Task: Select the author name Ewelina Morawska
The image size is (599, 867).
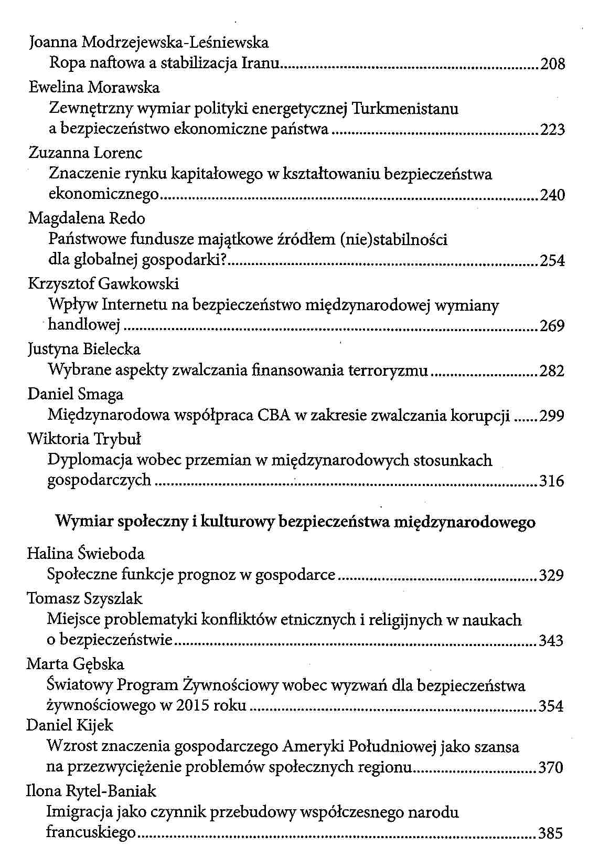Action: pos(94,87)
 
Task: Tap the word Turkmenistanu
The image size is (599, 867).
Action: pos(405,109)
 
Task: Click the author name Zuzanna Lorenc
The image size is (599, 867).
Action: pos(85,153)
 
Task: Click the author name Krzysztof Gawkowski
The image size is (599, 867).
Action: pos(103,284)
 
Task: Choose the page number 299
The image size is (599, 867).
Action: pos(552,416)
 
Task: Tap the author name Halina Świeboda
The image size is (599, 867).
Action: pos(85,554)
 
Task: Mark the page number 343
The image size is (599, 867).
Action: pos(551,641)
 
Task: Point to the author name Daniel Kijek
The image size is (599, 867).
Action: pos(70,725)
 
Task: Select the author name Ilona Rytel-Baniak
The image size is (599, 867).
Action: pos(91,791)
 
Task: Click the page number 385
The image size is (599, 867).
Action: pos(551,833)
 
